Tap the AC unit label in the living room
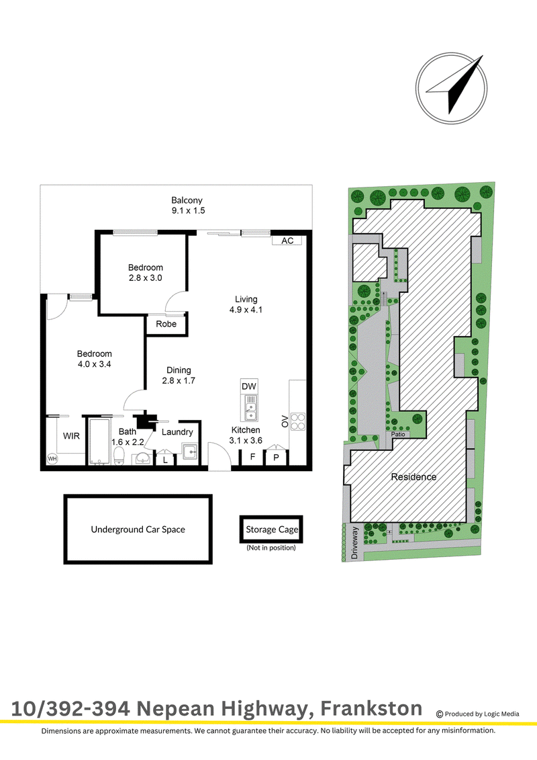click(287, 241)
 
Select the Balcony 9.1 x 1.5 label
click(188, 205)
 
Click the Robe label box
click(166, 324)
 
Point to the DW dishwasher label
click(249, 386)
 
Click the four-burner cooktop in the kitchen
click(298, 421)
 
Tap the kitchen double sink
click(250, 408)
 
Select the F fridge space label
click(253, 456)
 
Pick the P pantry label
click(276, 457)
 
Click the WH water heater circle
click(52, 458)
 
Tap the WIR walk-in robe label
click(71, 435)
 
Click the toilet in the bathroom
click(119, 455)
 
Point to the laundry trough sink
click(190, 452)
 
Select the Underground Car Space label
click(138, 530)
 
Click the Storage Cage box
click(271, 530)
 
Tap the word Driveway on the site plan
click(354, 543)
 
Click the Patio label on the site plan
click(398, 434)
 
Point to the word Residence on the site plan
click(413, 476)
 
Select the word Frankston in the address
click(371, 708)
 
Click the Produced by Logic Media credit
click(477, 714)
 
